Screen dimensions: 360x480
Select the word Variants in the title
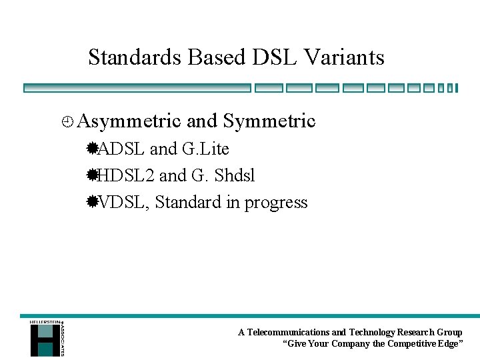pos(344,57)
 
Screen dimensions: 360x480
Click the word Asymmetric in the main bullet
pos(129,121)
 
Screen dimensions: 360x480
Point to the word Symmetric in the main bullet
pos(269,121)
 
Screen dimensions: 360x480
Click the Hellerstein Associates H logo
pos(45,339)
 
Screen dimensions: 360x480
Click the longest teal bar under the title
pos(137,88)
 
